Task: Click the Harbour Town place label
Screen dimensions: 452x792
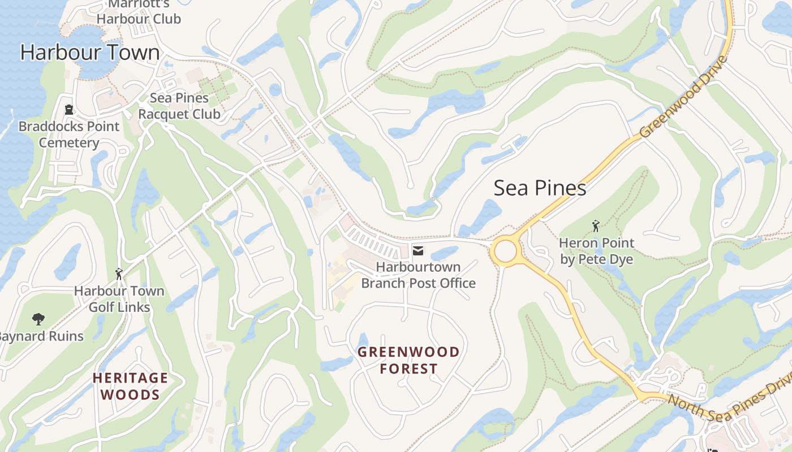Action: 90,53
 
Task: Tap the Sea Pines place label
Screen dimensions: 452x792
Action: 540,188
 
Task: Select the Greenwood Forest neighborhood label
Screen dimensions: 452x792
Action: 408,360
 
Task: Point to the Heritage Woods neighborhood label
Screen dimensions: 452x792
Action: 130,386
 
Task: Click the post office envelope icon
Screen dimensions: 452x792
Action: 418,251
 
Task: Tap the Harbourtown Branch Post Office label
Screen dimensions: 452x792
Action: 418,275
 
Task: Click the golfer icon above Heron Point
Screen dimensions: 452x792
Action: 596,227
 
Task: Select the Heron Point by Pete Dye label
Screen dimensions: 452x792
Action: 596,251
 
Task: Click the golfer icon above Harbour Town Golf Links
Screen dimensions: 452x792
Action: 119,275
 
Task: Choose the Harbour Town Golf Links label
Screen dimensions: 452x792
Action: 119,299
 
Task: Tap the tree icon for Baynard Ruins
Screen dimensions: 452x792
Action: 38,319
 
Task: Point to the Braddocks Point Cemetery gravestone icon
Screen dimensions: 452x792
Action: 69,110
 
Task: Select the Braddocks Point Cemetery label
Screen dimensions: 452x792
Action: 69,134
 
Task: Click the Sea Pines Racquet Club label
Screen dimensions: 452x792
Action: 179,106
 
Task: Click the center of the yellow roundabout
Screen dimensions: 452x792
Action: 505,251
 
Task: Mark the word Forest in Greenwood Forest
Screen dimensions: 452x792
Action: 408,369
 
